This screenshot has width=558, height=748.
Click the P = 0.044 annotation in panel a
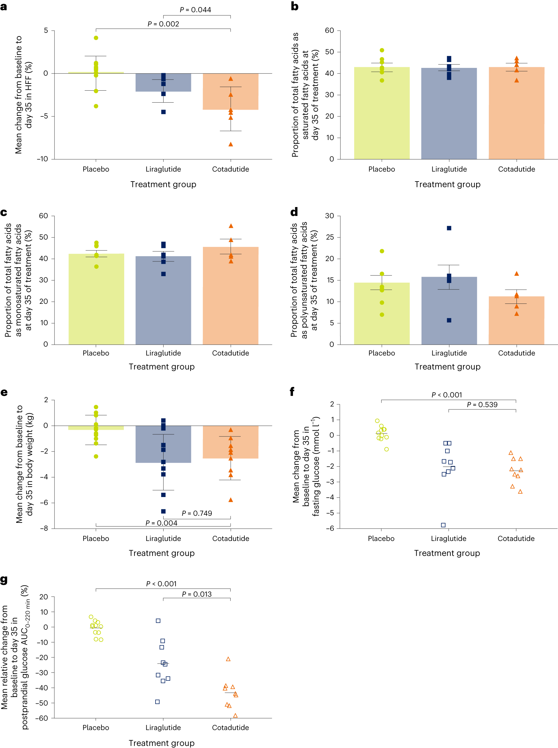point(195,10)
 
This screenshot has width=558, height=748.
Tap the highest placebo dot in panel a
point(96,38)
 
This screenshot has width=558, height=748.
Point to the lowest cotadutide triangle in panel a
point(231,144)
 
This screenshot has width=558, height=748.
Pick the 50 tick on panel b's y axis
point(329,52)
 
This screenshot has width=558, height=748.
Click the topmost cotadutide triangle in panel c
point(231,226)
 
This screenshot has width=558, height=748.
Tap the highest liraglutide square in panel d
point(449,228)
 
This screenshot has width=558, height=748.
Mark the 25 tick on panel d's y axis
point(329,237)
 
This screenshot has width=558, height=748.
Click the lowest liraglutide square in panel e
point(163,511)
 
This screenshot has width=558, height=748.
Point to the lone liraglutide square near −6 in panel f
point(443,525)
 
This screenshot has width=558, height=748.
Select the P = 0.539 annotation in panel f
point(482,404)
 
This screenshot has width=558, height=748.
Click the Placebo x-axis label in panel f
point(381,538)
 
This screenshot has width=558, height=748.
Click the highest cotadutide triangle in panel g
point(228,659)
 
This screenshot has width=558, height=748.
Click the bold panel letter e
point(4,392)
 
